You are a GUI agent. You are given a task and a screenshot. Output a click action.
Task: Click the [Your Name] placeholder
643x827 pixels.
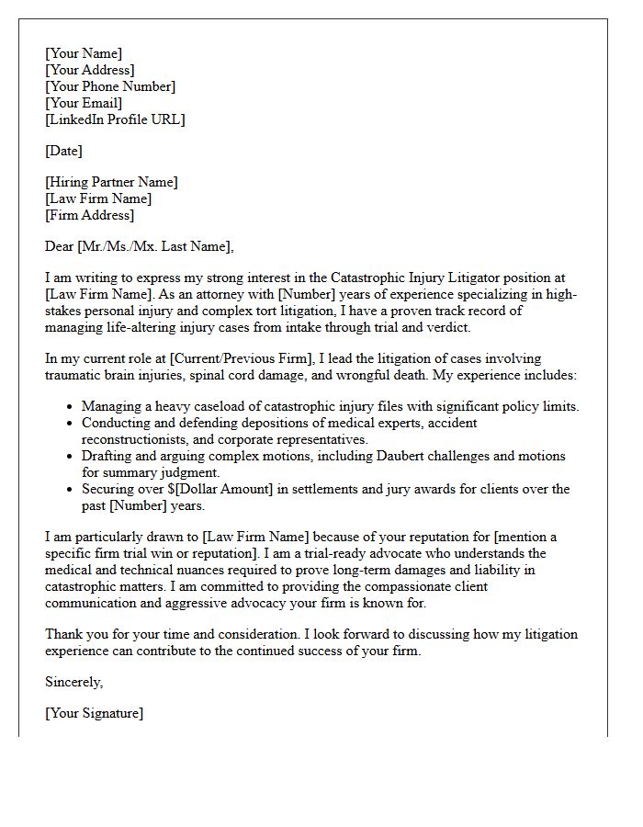84,53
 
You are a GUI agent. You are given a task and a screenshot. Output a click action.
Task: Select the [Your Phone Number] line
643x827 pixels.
110,86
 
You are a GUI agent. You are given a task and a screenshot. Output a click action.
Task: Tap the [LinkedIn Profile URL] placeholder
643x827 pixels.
115,119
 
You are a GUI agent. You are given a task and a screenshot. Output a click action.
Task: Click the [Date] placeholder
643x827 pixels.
63,151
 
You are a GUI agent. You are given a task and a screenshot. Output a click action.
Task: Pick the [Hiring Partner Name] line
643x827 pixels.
111,182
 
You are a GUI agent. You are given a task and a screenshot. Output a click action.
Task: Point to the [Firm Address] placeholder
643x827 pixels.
89,215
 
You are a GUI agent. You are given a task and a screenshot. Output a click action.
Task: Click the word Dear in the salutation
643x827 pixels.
60,245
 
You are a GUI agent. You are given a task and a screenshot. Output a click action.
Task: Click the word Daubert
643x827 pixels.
417,457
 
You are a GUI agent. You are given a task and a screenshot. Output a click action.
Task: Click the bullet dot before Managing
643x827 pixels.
70,407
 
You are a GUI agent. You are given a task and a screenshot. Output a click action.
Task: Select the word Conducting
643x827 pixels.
117,424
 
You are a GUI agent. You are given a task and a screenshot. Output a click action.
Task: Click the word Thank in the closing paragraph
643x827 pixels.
63,634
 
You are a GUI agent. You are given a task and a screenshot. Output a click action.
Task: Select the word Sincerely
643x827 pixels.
73,682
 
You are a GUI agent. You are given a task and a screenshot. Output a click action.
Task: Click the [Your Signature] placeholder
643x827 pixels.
94,713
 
